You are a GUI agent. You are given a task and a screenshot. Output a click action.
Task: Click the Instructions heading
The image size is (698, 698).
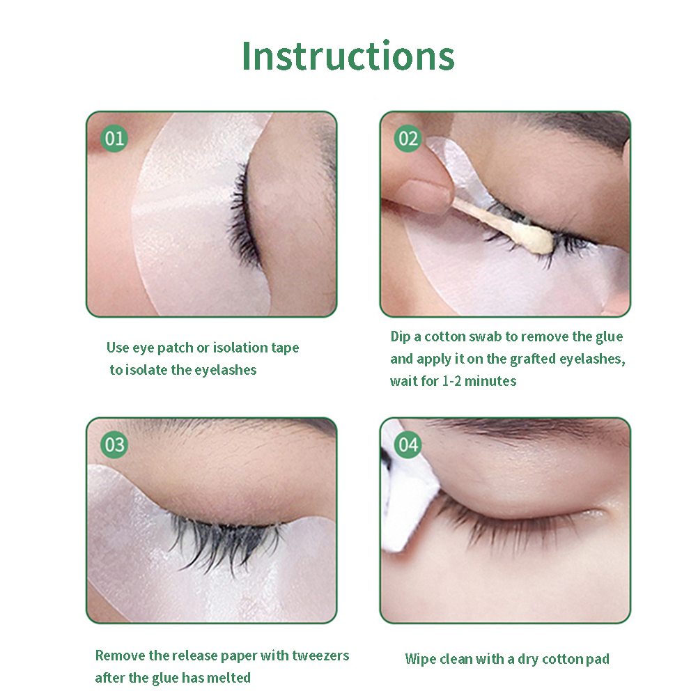click(348, 56)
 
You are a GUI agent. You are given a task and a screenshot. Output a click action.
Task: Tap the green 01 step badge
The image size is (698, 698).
click(114, 139)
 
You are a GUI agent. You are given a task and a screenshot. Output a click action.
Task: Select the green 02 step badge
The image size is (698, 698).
click(408, 139)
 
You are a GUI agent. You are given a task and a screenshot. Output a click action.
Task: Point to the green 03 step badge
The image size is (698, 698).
click(114, 444)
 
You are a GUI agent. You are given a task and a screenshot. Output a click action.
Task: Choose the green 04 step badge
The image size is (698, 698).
click(408, 444)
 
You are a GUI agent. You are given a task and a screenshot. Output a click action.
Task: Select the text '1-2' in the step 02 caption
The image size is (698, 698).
click(451, 381)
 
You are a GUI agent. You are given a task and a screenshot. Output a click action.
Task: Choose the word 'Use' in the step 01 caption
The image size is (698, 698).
click(118, 347)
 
